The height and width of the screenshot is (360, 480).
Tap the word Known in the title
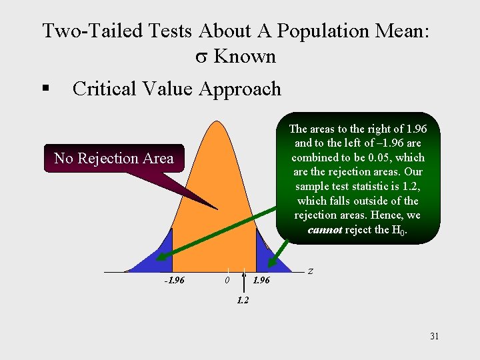tap(245, 57)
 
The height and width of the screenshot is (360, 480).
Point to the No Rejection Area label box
tap(113, 159)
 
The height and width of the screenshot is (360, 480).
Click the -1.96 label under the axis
tap(175, 280)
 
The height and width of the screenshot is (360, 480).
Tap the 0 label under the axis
tap(227, 280)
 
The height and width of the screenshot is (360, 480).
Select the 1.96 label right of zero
tap(261, 280)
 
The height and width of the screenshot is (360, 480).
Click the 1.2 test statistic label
tap(243, 300)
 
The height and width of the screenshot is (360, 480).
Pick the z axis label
tap(311, 271)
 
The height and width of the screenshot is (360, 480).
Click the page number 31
tap(434, 336)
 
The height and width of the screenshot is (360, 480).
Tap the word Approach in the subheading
tap(240, 89)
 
